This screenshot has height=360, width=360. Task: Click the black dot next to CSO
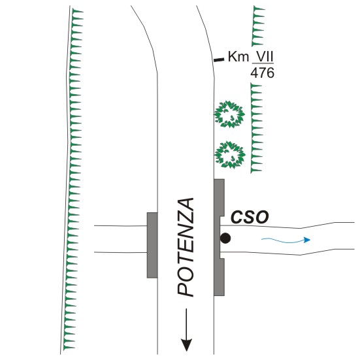click(225, 238)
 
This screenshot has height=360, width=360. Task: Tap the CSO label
click(250, 217)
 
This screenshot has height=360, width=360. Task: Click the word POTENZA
click(186, 247)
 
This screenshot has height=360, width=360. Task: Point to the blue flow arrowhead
click(307, 240)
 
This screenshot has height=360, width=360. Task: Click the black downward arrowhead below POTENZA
click(186, 345)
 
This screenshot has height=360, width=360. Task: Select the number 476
click(263, 73)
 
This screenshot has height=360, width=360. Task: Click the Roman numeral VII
click(265, 56)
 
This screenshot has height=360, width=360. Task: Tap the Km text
click(238, 56)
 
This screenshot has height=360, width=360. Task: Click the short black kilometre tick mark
click(219, 60)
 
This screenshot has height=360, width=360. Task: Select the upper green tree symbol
click(229, 114)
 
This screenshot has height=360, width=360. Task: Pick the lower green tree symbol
click(230, 155)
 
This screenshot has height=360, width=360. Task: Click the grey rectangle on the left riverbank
click(152, 245)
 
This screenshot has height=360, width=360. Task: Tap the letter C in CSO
click(237, 217)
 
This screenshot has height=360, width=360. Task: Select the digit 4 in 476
click(254, 73)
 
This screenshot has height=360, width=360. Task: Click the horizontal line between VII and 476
click(263, 63)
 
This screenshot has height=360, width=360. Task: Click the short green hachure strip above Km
click(258, 26)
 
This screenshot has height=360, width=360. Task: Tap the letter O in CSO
click(262, 217)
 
